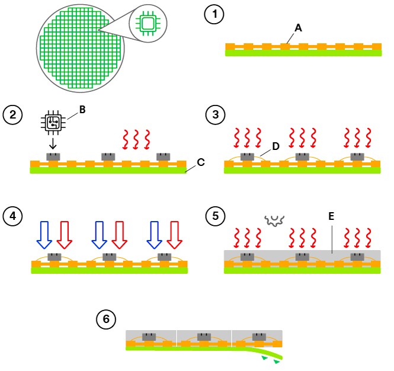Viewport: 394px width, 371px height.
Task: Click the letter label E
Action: click(331, 217)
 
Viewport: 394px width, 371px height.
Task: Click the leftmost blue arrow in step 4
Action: click(44, 234)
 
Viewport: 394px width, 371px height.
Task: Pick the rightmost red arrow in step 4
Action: click(175, 234)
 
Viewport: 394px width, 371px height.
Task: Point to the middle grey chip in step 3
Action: click(303, 157)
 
